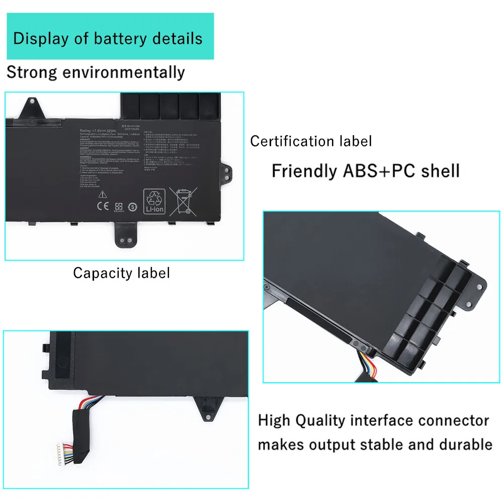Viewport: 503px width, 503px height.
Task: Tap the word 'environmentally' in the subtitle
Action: (x=123, y=72)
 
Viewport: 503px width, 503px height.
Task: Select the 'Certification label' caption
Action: (x=311, y=141)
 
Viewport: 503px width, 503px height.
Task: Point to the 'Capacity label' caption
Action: (x=121, y=273)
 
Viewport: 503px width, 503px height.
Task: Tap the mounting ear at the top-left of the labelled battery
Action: (x=31, y=106)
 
